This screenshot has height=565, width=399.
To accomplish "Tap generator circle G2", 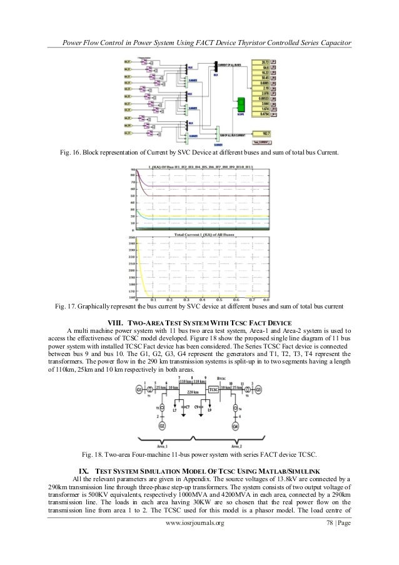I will point(163,426).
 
